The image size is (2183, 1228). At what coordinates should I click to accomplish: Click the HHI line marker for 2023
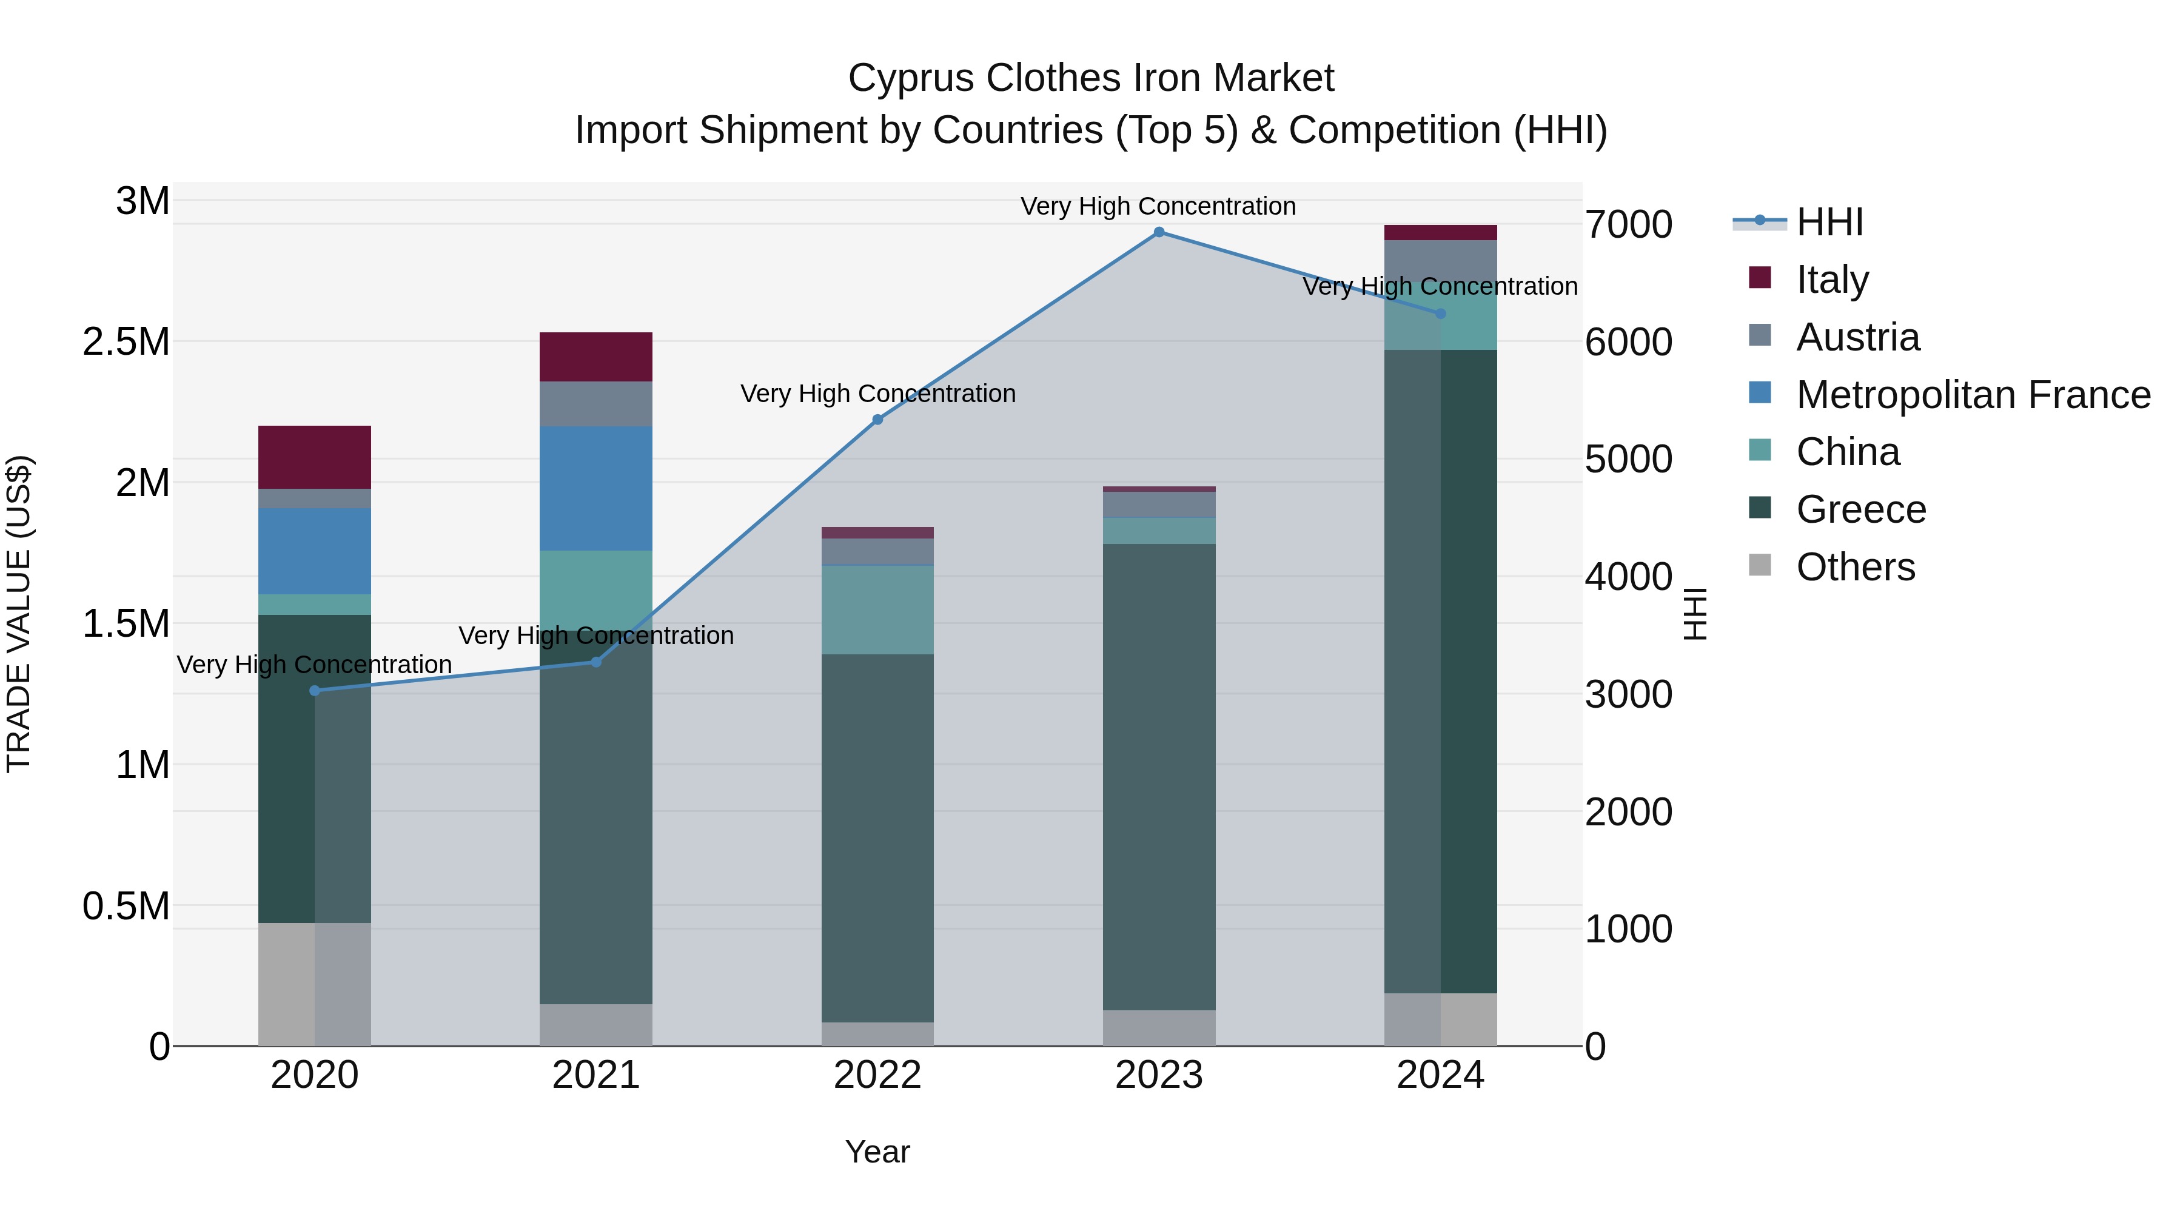pyautogui.click(x=1158, y=232)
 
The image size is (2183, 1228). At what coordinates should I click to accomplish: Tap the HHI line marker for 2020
pyautogui.click(x=315, y=691)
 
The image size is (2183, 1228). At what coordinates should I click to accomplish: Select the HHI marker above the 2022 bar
pyautogui.click(x=877, y=420)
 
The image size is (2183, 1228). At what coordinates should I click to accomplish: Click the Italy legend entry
pyautogui.click(x=1831, y=279)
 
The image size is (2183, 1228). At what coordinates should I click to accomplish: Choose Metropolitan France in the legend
pyautogui.click(x=1973, y=395)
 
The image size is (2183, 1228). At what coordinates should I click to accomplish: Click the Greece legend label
pyautogui.click(x=1861, y=510)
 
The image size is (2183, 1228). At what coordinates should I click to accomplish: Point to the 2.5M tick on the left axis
pyautogui.click(x=126, y=343)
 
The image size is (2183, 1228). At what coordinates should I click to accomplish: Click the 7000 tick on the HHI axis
pyautogui.click(x=1628, y=226)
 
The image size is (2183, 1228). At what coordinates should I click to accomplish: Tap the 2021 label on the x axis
pyautogui.click(x=595, y=1075)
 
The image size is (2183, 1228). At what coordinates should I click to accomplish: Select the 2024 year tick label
pyautogui.click(x=1440, y=1075)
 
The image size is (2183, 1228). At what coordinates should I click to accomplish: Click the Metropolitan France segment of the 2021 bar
pyautogui.click(x=595, y=488)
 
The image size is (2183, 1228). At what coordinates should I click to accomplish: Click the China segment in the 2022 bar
pyautogui.click(x=877, y=609)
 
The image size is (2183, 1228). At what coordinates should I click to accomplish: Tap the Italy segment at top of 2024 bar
pyautogui.click(x=1440, y=232)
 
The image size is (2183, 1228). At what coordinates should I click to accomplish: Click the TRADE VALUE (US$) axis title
pyautogui.click(x=19, y=614)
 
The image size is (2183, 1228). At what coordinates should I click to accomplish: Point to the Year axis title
pyautogui.click(x=877, y=1152)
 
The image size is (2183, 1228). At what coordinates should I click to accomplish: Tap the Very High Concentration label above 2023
pyautogui.click(x=1158, y=206)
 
